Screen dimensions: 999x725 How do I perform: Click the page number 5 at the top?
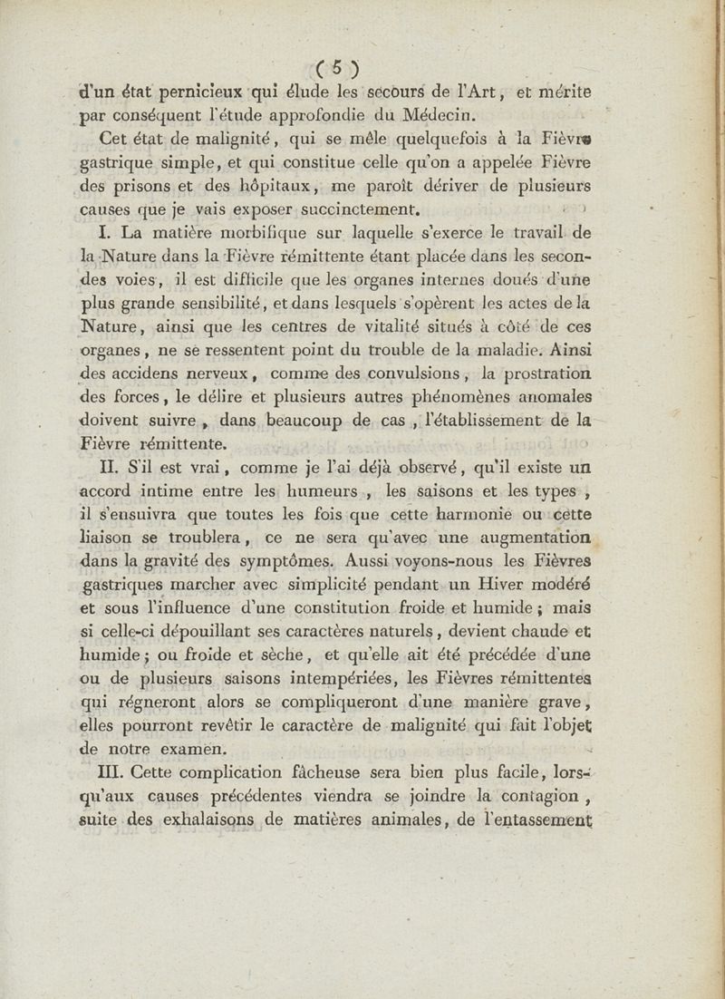pos(335,67)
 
